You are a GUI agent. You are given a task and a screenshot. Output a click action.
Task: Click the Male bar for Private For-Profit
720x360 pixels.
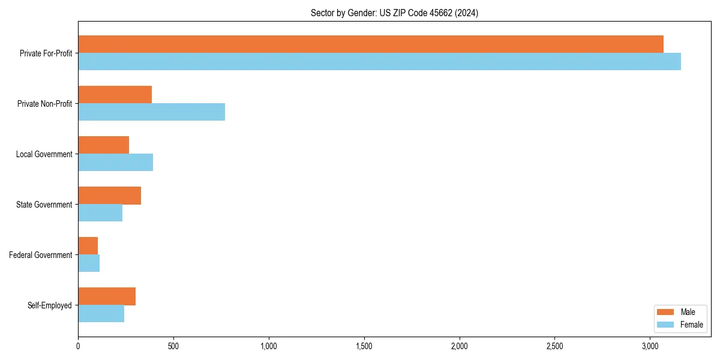pyautogui.click(x=371, y=44)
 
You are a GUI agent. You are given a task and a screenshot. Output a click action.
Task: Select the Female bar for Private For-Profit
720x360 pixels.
pyautogui.click(x=379, y=62)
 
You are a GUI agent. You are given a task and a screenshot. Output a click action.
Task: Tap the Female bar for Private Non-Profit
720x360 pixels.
pyautogui.click(x=151, y=112)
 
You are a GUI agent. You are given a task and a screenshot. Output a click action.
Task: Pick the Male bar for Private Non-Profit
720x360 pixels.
pyautogui.click(x=115, y=95)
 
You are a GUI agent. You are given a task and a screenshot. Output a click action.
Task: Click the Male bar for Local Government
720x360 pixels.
pyautogui.click(x=103, y=145)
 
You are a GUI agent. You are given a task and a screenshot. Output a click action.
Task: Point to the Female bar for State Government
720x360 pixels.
pyautogui.click(x=100, y=213)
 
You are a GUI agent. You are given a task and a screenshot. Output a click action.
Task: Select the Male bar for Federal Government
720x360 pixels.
pyautogui.click(x=88, y=246)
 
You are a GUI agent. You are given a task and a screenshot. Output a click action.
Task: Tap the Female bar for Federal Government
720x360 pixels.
pyautogui.click(x=89, y=263)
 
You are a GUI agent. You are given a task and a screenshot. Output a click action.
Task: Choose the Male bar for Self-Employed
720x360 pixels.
pyautogui.click(x=107, y=296)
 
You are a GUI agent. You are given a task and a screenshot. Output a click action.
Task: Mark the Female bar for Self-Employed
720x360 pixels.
pyautogui.click(x=101, y=314)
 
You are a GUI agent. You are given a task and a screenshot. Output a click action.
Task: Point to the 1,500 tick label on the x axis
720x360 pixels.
pyautogui.click(x=364, y=346)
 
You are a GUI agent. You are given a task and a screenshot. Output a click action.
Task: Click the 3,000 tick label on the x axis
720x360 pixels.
pyautogui.click(x=650, y=346)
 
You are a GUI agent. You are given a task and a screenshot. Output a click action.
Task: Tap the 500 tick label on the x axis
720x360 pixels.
pyautogui.click(x=173, y=346)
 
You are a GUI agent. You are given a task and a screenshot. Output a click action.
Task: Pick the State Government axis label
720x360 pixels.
pyautogui.click(x=44, y=205)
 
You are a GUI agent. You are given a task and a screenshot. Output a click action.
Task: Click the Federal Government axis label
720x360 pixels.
pyautogui.click(x=41, y=255)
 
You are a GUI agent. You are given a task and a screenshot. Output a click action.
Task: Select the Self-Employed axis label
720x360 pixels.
pyautogui.click(x=50, y=305)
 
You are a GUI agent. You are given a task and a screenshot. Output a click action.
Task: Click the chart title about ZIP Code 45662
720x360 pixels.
pyautogui.click(x=394, y=13)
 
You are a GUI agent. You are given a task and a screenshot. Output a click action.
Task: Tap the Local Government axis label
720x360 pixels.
pyautogui.click(x=44, y=154)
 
